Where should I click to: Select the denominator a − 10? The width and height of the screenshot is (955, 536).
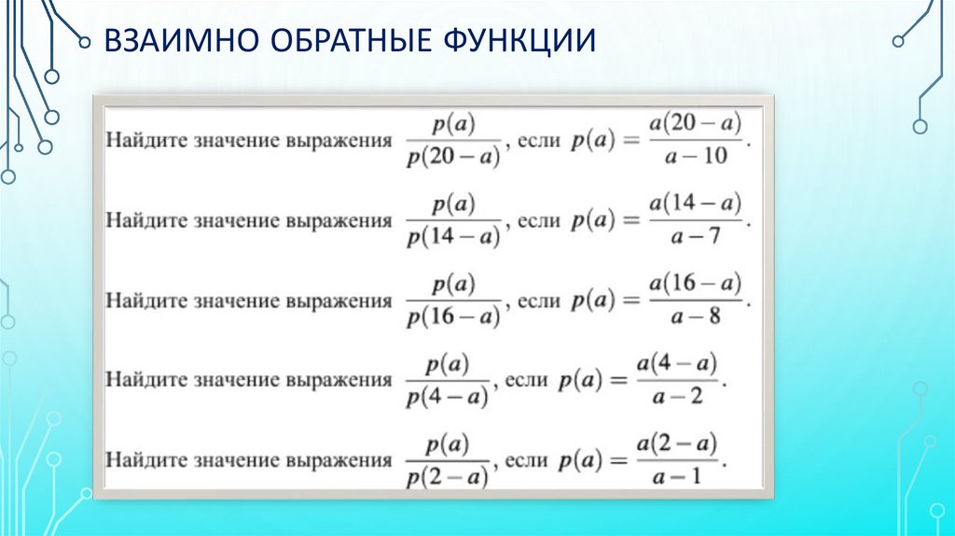[x=699, y=156]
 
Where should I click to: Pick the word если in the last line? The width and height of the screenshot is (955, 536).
[x=525, y=460]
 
